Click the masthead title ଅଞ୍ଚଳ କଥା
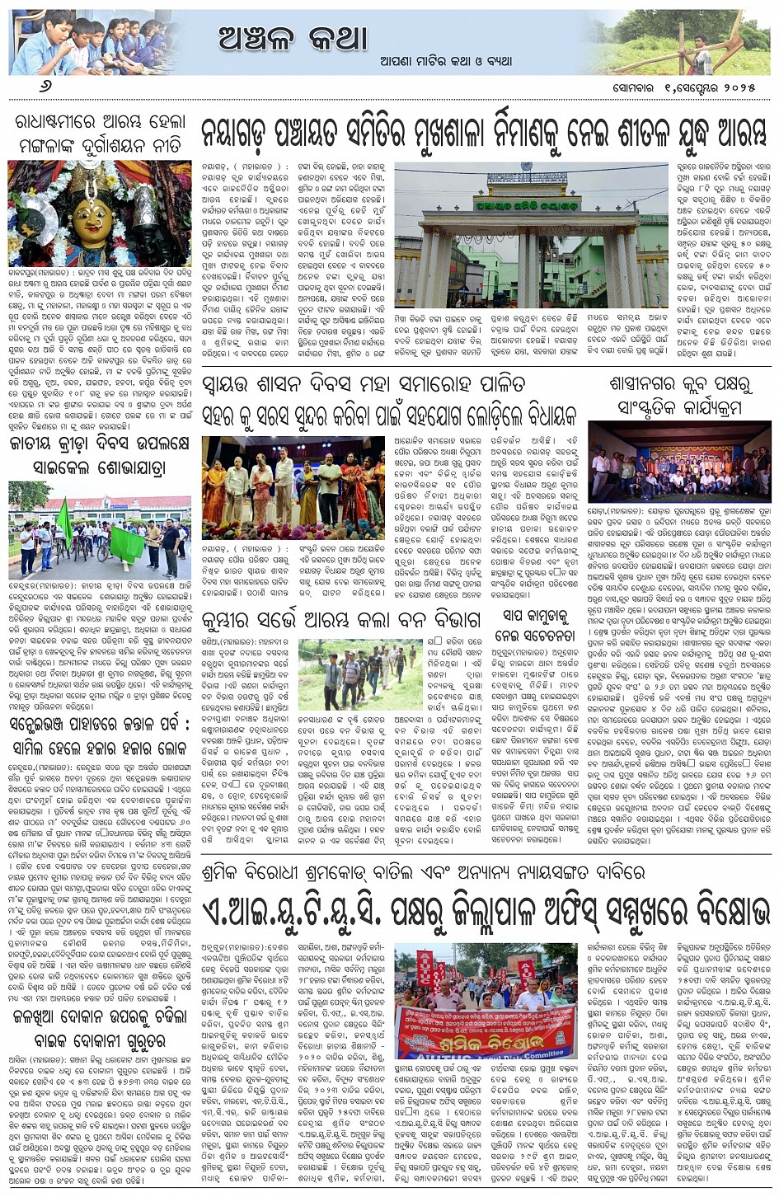(293, 38)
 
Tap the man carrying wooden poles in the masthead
(700, 51)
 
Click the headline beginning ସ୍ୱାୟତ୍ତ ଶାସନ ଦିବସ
(363, 384)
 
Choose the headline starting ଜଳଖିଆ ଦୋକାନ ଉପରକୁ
(100, 1028)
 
